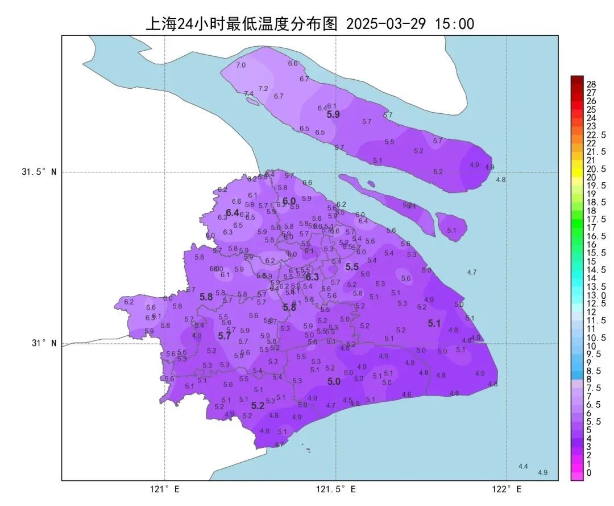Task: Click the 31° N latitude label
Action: (44, 343)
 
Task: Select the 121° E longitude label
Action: (165, 489)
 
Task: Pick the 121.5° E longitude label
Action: (336, 489)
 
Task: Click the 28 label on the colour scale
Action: (591, 84)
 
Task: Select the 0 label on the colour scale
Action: (588, 472)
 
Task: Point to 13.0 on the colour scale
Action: (594, 295)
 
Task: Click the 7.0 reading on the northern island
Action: (241, 65)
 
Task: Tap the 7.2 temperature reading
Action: (263, 89)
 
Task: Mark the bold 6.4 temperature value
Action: (233, 213)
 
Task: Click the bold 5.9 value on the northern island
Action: (333, 114)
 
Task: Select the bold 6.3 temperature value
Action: (313, 277)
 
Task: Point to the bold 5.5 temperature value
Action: (352, 266)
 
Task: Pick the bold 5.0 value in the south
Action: (334, 381)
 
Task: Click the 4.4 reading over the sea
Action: (523, 467)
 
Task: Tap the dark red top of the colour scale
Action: (577, 80)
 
